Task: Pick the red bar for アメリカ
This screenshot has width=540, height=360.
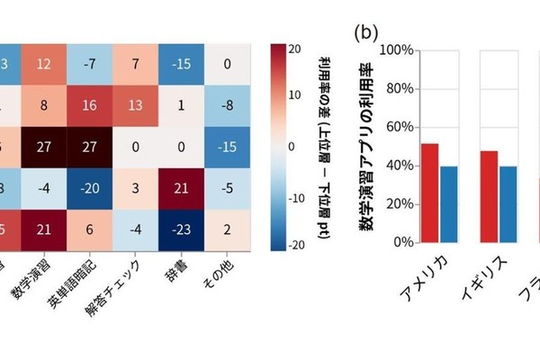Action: (430, 193)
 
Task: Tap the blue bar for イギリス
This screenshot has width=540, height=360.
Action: (508, 203)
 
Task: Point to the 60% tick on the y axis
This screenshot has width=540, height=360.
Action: (396, 127)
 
